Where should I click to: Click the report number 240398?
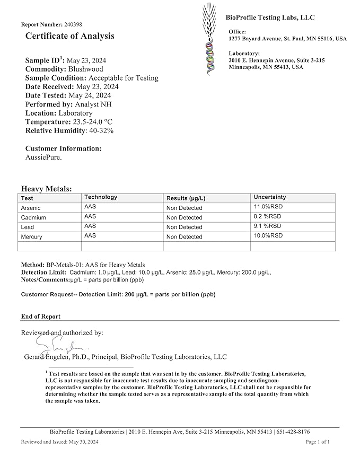pos(73,24)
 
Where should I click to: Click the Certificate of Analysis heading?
pos(69,36)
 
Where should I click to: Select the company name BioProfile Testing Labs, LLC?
pos(270,17)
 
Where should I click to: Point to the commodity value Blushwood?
pos(85,69)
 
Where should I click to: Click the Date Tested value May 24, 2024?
pos(90,95)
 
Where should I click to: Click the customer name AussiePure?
pos(43,157)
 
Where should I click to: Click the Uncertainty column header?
pos(270,197)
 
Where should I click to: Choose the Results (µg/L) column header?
pos(186,198)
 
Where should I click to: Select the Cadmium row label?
pos(33,217)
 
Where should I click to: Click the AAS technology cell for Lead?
pos(90,226)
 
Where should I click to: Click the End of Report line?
pos(41,316)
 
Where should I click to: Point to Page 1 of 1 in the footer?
pos(318,442)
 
